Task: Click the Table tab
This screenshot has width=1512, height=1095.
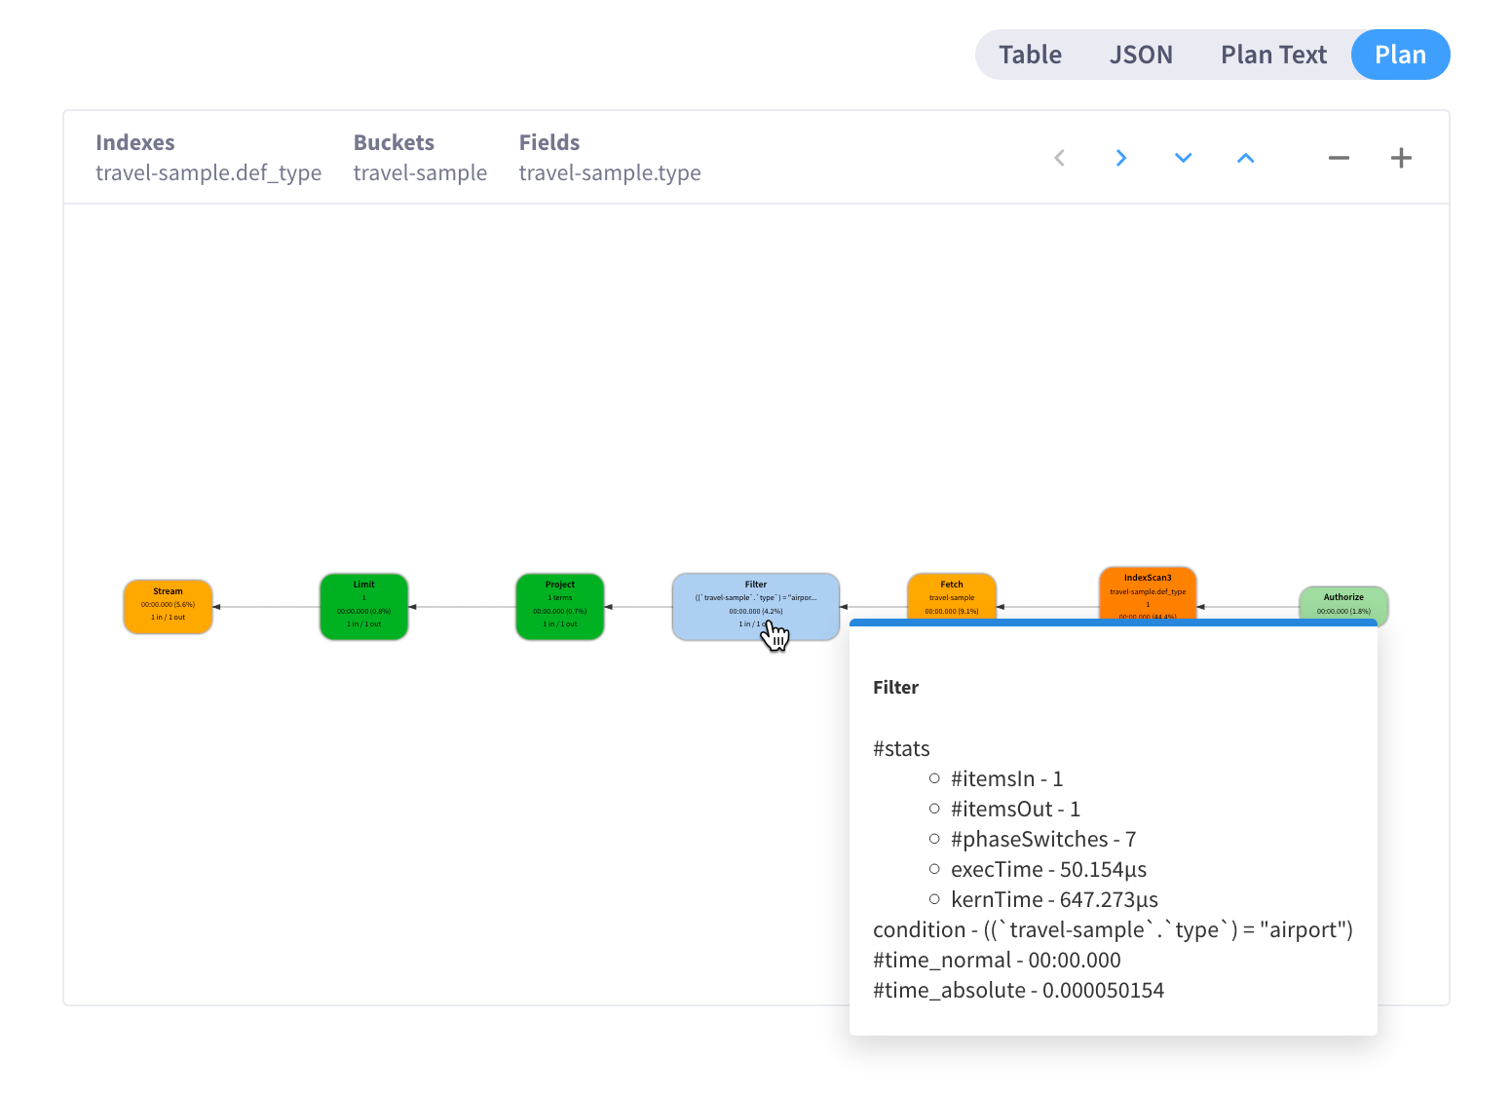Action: [1030, 55]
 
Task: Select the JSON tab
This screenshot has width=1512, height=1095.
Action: [1141, 55]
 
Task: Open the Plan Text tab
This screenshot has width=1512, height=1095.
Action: [1273, 55]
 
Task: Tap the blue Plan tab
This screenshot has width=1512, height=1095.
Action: [1400, 55]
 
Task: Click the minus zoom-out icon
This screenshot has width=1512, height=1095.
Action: [1339, 158]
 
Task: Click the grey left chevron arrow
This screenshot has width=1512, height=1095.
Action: [1060, 158]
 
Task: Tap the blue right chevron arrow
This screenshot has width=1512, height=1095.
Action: [1121, 158]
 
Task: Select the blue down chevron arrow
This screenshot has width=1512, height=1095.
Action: [1184, 158]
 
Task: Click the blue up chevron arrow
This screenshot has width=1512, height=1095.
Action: [1245, 158]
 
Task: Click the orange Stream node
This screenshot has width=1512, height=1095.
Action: [168, 606]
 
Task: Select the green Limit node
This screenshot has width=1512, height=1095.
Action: [363, 606]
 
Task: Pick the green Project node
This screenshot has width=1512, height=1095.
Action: [559, 606]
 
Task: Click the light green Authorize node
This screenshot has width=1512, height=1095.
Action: [1343, 602]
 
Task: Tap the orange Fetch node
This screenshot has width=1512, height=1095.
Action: [952, 595]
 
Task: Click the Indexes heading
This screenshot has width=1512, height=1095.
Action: [135, 142]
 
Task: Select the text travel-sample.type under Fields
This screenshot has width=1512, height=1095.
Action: [610, 173]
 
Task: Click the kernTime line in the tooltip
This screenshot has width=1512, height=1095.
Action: [1054, 899]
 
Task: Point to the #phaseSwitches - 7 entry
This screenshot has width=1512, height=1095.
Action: [1042, 839]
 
